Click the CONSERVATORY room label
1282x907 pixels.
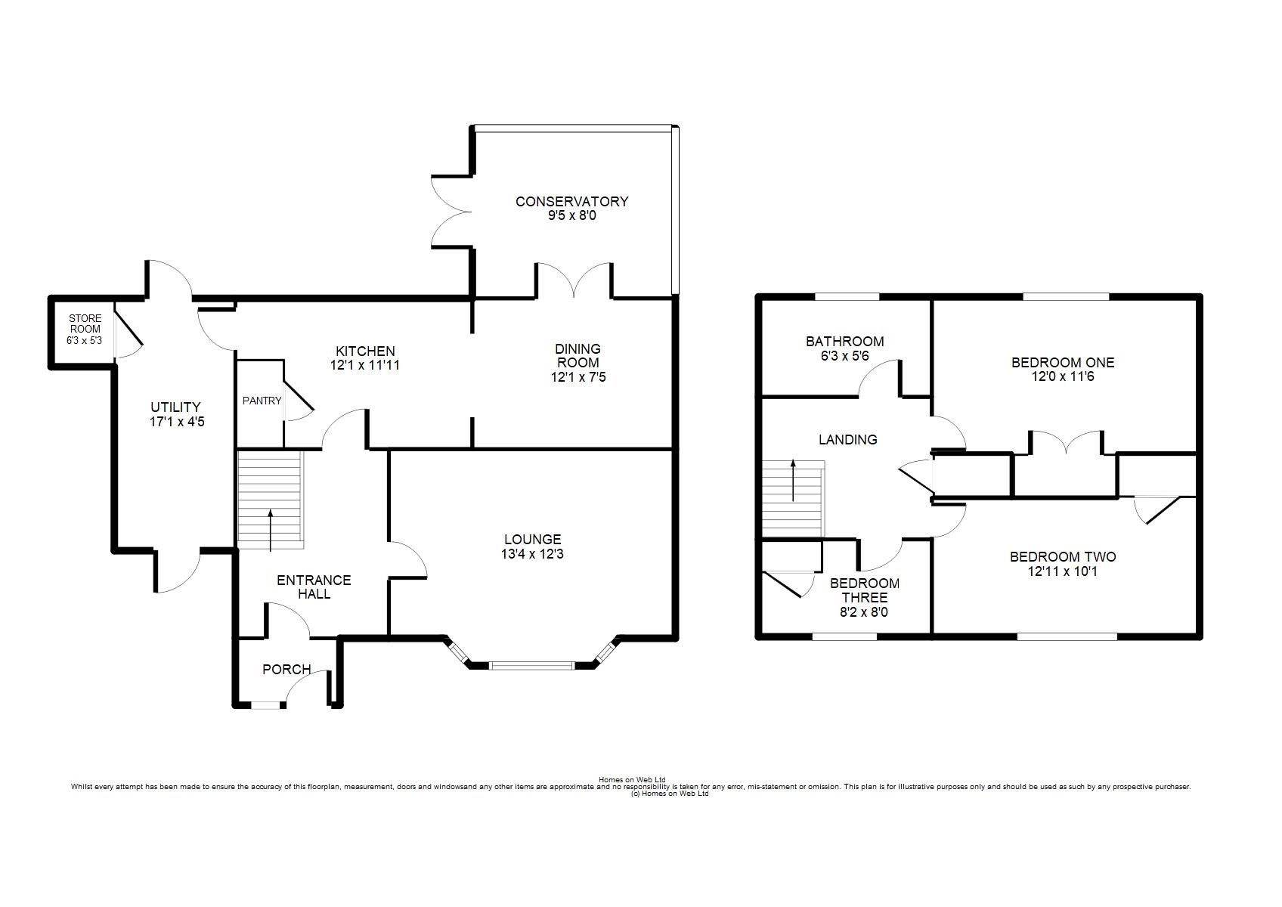571,201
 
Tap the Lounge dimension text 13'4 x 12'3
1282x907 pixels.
532,554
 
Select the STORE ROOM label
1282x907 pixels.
85,323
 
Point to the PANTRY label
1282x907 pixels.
262,401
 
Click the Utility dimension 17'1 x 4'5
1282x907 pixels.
177,422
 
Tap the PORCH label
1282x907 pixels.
286,669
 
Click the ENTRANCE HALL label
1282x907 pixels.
314,587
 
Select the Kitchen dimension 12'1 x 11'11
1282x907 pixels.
364,365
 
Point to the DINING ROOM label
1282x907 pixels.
578,355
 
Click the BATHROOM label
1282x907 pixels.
845,342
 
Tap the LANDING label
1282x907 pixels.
847,439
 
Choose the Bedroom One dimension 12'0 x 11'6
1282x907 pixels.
1063,376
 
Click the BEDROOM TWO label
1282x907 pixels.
1063,557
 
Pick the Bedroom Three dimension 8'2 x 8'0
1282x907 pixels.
864,612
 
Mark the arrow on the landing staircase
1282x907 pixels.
793,480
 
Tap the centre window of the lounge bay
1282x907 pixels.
532,666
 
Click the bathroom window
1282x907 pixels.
847,296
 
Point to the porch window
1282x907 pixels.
268,706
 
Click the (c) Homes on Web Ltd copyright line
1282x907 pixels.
670,794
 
